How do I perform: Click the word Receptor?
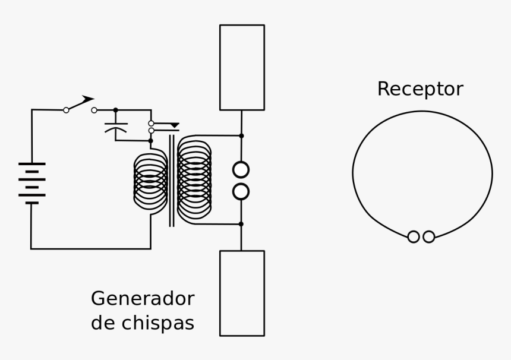(419, 89)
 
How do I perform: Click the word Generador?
(142, 298)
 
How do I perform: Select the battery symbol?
(31, 182)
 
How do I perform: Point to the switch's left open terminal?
(66, 110)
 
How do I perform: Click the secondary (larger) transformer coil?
(194, 179)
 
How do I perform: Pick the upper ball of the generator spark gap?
(241, 170)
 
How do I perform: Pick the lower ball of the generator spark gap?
(241, 191)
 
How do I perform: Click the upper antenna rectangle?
(242, 67)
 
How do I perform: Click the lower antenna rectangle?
(242, 293)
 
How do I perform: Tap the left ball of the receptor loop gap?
(414, 237)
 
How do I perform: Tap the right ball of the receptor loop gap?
(428, 237)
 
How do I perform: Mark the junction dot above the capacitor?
(115, 110)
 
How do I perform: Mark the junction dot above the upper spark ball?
(241, 136)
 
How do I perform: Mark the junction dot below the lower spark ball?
(241, 224)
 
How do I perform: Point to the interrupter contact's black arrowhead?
(174, 125)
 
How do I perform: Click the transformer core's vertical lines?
(172, 181)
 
